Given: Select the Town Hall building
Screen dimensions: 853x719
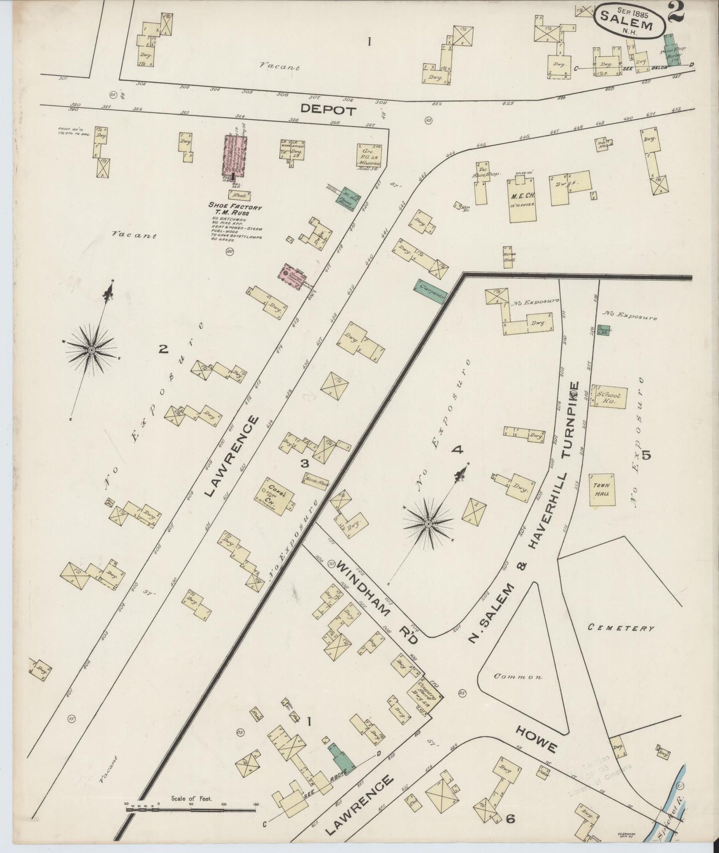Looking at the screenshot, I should click(x=602, y=490).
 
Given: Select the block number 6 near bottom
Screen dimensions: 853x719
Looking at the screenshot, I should click(x=510, y=818).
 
